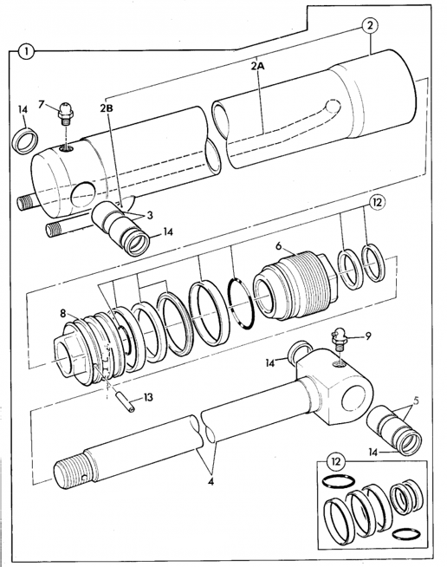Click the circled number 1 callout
click(29, 51)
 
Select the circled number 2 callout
click(370, 25)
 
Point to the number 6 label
click(279, 247)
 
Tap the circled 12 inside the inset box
click(335, 459)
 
